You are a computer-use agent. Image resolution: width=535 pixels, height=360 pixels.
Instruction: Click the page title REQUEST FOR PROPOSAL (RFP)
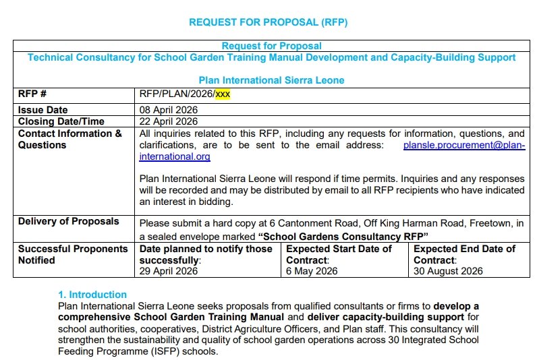[x=268, y=22]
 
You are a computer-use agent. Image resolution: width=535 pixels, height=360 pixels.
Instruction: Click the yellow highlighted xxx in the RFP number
[x=223, y=94]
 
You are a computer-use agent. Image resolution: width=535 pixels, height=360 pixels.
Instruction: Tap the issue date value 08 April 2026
[x=169, y=110]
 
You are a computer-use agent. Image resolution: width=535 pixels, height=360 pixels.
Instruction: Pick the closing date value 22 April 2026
[x=169, y=121]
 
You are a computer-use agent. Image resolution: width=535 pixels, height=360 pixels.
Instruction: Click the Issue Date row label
[x=43, y=110]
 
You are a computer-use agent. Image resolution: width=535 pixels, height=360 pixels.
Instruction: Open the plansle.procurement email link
[x=463, y=145]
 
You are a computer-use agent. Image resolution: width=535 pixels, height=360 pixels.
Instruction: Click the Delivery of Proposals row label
[x=69, y=221]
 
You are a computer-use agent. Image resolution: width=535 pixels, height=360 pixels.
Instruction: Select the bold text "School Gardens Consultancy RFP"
[x=344, y=237]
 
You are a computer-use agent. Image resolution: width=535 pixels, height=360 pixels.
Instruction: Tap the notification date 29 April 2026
[x=169, y=271]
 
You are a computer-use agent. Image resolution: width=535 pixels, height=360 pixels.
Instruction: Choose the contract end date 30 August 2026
[x=448, y=271]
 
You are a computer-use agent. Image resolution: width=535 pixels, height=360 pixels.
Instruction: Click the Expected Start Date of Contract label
[x=339, y=254]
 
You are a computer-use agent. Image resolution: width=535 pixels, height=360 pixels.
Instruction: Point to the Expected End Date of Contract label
[x=464, y=254]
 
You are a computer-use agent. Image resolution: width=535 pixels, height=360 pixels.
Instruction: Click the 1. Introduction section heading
[x=92, y=295]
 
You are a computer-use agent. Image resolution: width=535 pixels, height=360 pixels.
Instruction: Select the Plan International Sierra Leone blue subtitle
[x=271, y=80]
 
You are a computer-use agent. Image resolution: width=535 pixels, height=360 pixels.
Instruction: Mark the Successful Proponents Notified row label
[x=73, y=254]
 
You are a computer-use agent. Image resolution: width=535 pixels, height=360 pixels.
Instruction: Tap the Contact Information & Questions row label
[x=70, y=139]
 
